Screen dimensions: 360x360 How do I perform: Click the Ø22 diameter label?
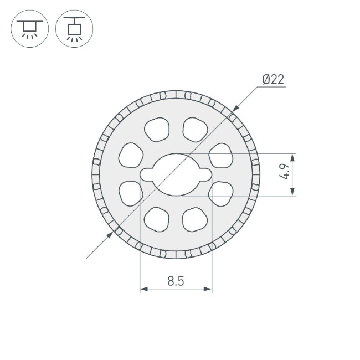(x=273, y=80)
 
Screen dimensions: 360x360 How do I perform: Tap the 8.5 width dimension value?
(x=176, y=281)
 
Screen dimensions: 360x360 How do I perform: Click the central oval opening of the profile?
(x=176, y=174)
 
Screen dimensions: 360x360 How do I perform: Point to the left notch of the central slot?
(x=147, y=174)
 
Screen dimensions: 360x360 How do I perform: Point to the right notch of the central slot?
(x=205, y=174)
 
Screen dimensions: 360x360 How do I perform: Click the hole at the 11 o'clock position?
(x=157, y=129)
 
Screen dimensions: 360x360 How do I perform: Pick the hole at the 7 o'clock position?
(x=157, y=219)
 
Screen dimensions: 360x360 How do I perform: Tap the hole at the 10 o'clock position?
(x=131, y=156)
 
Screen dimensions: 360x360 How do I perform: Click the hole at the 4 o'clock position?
(x=221, y=193)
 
